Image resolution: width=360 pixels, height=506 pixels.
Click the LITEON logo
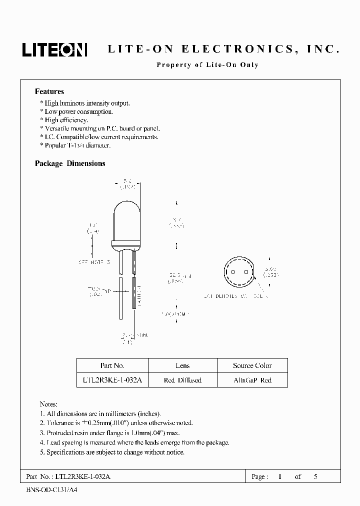coord(54,49)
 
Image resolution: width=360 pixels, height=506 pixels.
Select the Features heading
coord(49,91)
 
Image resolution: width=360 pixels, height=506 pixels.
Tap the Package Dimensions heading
coord(70,163)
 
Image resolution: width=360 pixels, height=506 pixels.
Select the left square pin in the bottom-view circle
coord(232,272)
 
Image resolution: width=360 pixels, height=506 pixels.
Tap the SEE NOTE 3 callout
coord(94,261)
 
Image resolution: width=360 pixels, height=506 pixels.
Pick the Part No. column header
coord(112,365)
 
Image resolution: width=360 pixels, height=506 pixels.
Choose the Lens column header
coord(182,365)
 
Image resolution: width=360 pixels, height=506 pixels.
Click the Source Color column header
coord(252,365)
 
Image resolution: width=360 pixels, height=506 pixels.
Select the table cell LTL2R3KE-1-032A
coord(112,380)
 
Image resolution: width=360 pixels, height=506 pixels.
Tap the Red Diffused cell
coord(182,380)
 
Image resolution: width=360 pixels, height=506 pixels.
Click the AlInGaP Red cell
coord(252,380)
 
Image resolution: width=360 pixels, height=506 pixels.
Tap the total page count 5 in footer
coord(315,476)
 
